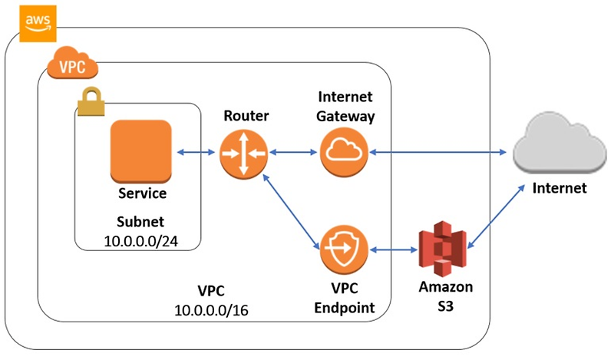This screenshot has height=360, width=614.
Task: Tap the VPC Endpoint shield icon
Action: (x=345, y=249)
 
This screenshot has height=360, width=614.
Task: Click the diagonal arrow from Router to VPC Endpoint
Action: (x=292, y=211)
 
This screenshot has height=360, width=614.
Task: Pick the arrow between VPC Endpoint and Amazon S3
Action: (x=393, y=249)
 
